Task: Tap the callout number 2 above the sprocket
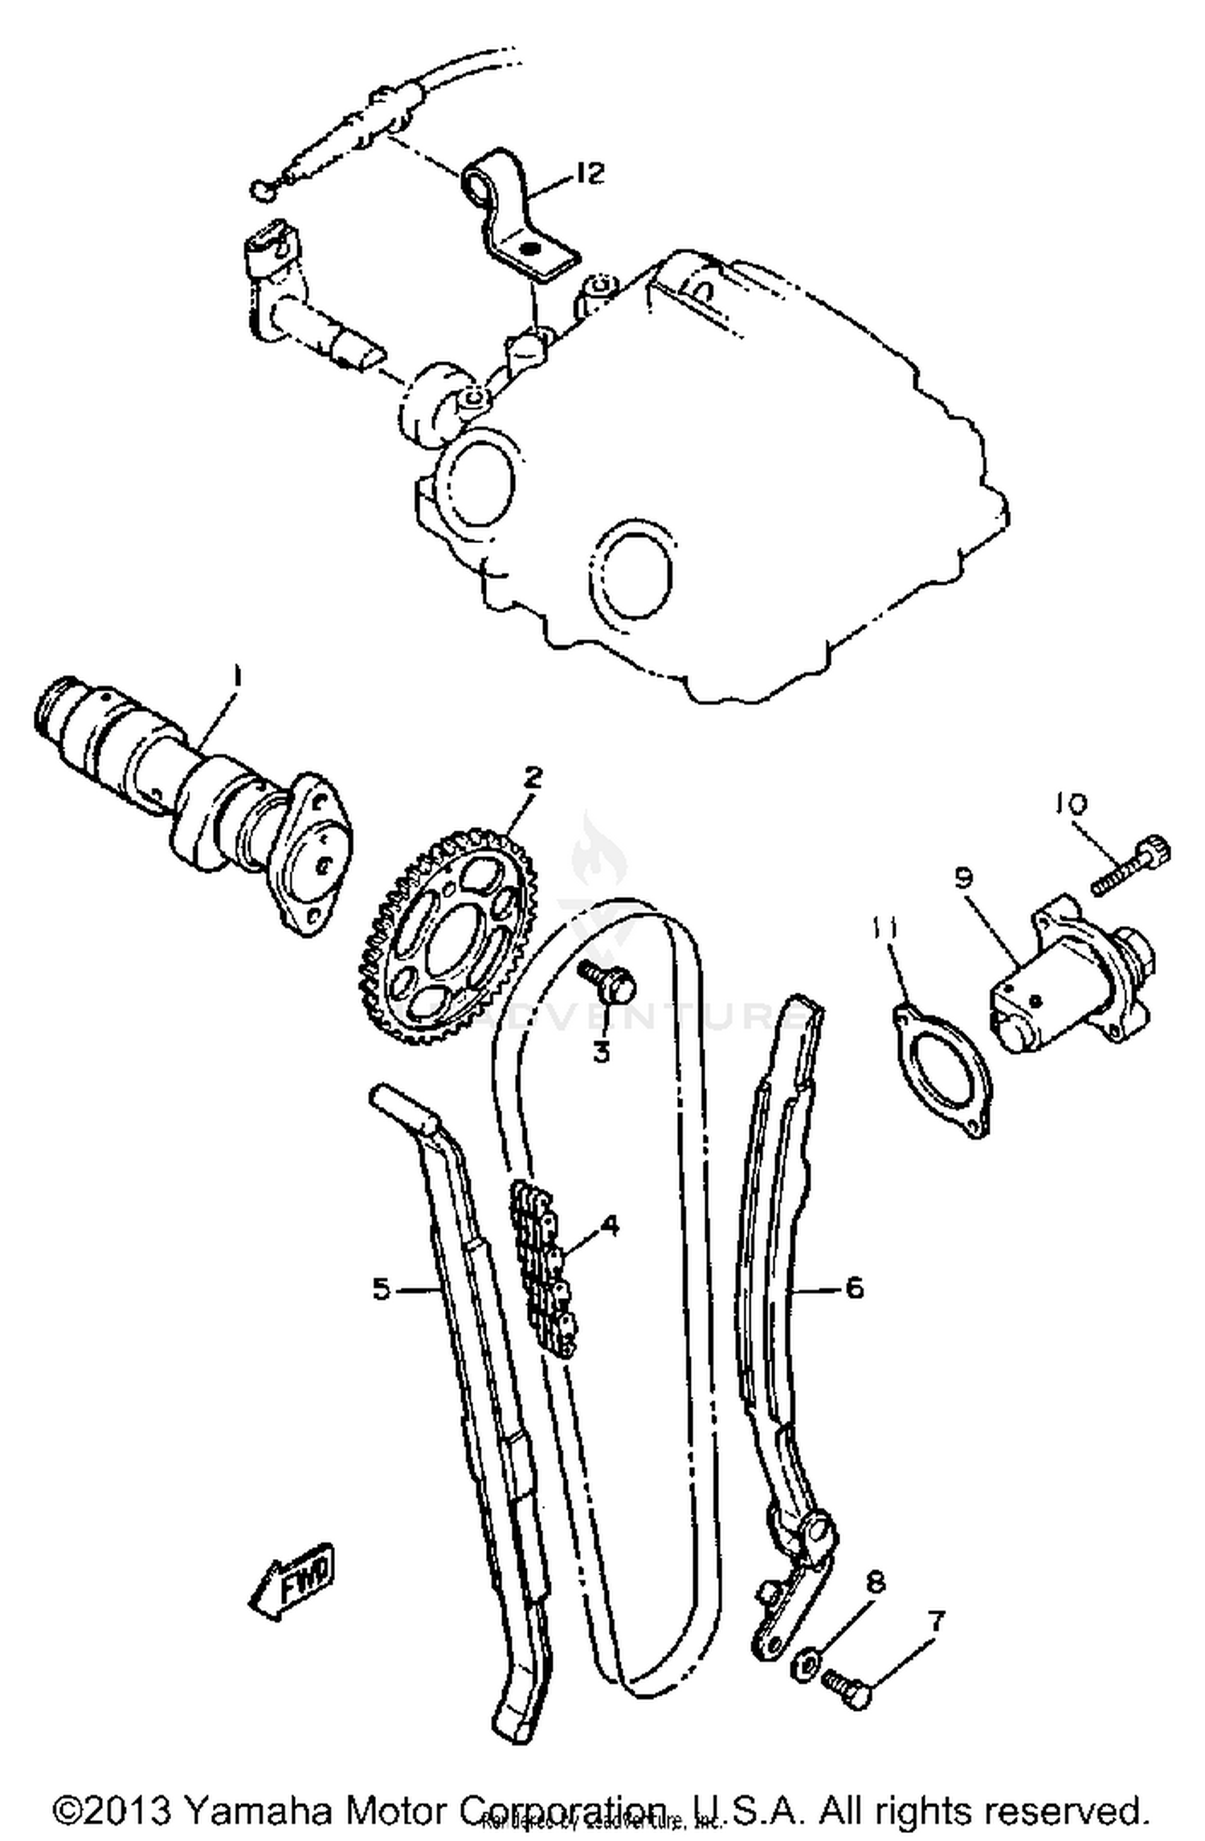[x=533, y=777]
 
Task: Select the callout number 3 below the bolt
[x=602, y=1051]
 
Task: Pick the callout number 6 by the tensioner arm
[x=854, y=1287]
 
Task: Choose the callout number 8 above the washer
[x=876, y=1582]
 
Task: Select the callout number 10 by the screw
[x=1070, y=802]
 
